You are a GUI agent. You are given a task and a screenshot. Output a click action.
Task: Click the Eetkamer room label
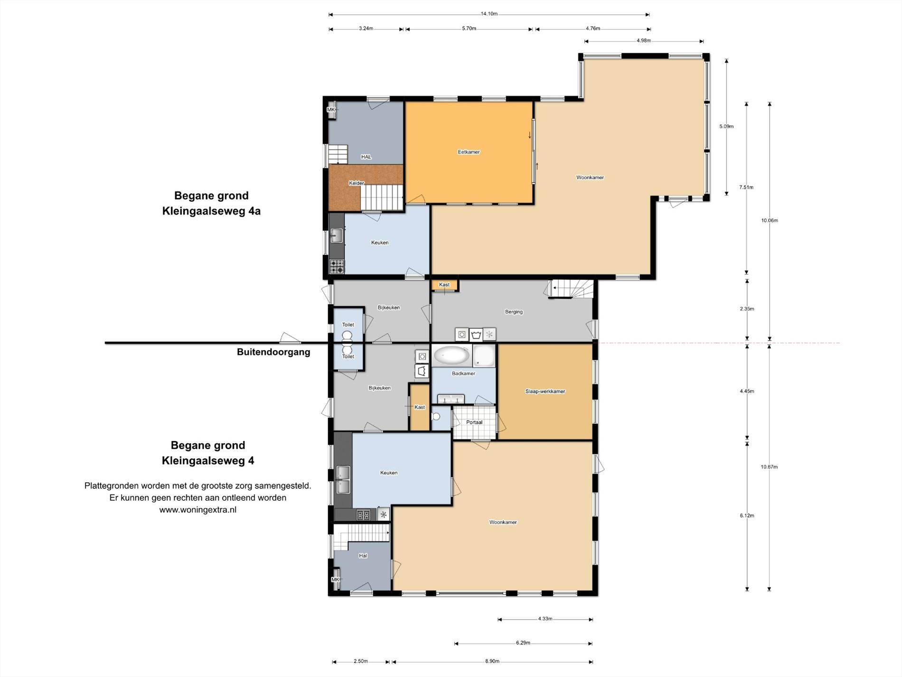tap(469, 152)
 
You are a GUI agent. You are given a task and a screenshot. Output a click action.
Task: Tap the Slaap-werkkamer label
tap(545, 391)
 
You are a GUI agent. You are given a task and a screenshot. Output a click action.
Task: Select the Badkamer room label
tap(463, 373)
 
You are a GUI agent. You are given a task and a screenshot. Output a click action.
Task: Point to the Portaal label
tap(474, 422)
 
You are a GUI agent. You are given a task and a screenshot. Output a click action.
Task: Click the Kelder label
tap(357, 183)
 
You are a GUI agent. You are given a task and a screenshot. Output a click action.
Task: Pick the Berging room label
tap(514, 312)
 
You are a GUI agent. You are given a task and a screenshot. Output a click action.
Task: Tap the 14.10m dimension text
tap(489, 14)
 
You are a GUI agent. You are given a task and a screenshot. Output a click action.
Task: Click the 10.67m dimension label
tap(769, 467)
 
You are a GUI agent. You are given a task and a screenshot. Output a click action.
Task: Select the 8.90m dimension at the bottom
tap(492, 661)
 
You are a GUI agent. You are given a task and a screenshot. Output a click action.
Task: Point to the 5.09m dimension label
tap(726, 126)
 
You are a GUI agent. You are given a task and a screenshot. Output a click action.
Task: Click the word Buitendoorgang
tap(273, 352)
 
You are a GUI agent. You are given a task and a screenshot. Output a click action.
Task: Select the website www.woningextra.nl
tap(198, 510)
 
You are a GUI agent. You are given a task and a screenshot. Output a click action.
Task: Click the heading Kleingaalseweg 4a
tap(211, 211)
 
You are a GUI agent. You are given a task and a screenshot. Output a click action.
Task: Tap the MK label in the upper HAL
tap(331, 110)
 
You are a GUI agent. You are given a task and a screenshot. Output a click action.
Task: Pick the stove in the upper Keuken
tap(337, 267)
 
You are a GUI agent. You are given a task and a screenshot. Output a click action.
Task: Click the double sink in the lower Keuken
tap(343, 480)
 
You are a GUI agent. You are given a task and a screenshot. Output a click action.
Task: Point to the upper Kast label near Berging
tap(444, 285)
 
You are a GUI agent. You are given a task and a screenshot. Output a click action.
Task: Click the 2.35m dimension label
tap(747, 309)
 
